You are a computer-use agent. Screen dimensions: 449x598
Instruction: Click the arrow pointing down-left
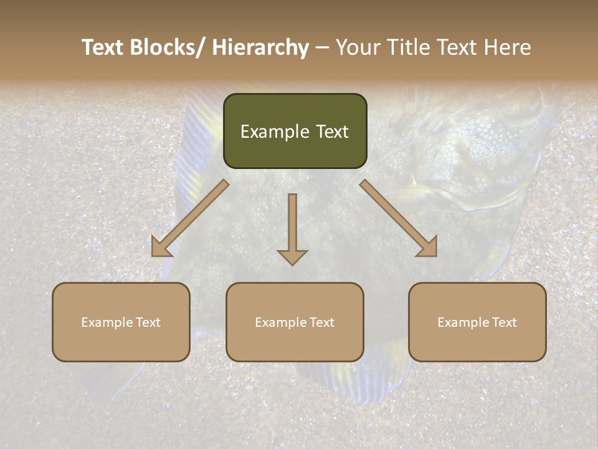pyautogui.click(x=190, y=218)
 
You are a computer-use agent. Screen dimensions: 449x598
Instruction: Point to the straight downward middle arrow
pyautogui.click(x=292, y=228)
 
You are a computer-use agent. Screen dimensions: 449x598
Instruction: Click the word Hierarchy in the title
pyautogui.click(x=260, y=47)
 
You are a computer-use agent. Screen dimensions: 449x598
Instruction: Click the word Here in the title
pyautogui.click(x=508, y=47)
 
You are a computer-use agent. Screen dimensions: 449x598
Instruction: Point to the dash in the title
pyautogui.click(x=322, y=47)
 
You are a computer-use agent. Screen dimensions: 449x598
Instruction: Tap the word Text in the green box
pyautogui.click(x=331, y=132)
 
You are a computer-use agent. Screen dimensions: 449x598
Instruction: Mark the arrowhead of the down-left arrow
pyautogui.click(x=161, y=248)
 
